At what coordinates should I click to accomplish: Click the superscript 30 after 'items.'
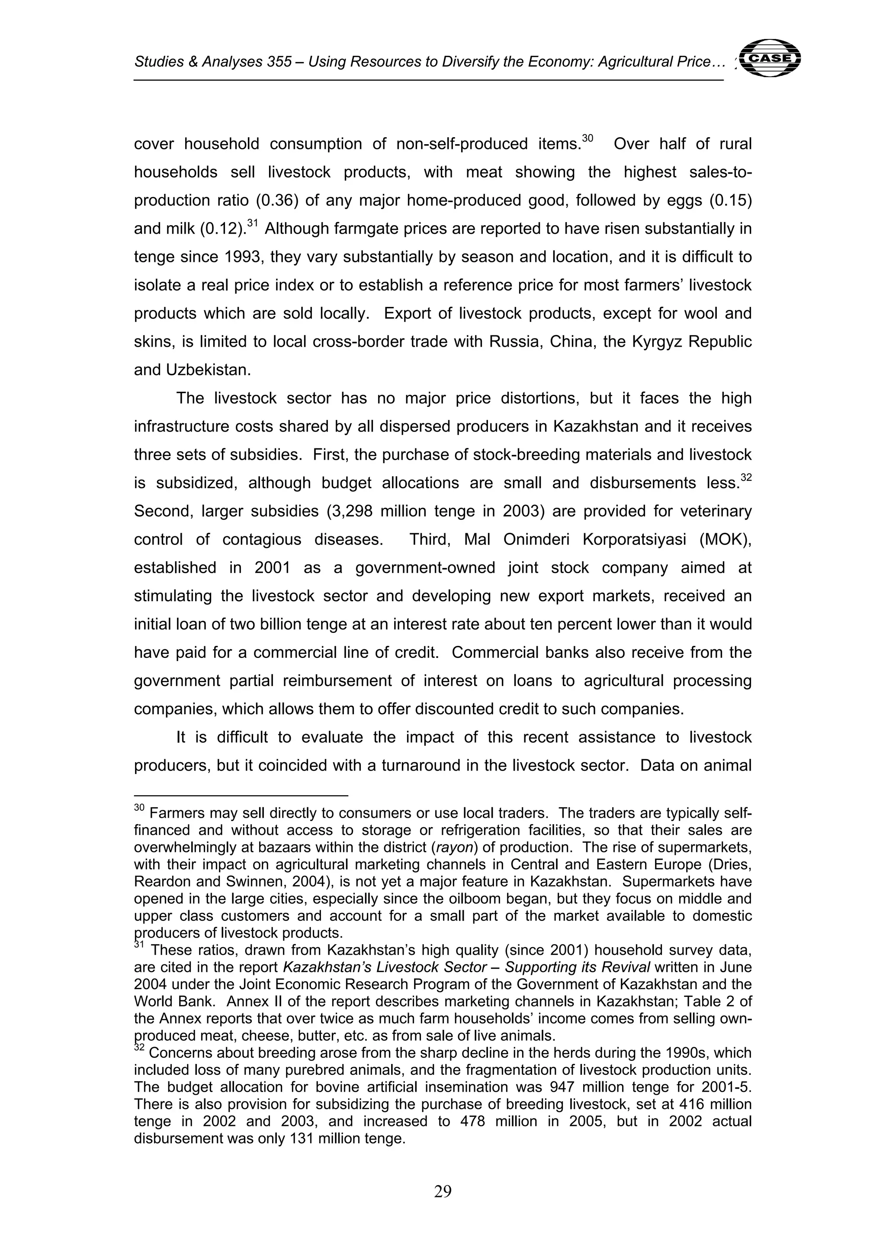click(x=587, y=138)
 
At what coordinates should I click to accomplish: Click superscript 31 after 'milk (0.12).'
click(x=252, y=223)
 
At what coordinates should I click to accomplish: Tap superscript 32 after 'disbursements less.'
click(x=746, y=477)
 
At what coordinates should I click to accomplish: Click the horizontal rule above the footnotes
click(x=241, y=796)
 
